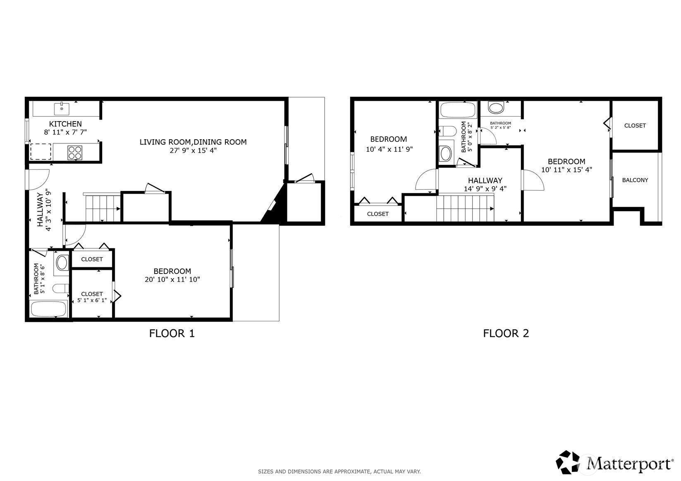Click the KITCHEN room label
coord(65,124)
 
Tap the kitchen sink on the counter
coord(62,109)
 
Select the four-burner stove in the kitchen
coord(75,152)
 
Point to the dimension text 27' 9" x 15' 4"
coord(193,150)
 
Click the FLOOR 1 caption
coord(172,333)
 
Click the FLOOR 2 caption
coord(506,333)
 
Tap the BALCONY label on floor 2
coord(635,180)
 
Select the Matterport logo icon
coord(568,462)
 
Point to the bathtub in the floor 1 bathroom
coord(49,309)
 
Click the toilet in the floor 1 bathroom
coord(61,288)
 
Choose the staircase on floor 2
coord(465,208)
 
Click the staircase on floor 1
coord(103,208)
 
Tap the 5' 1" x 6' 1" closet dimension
coord(92,300)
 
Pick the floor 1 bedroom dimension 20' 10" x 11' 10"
coord(172,279)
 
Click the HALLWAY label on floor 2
coord(485,181)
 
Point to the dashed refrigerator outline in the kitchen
coord(41,152)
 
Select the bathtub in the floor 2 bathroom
coord(458,110)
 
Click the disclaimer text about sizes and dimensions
coord(339,471)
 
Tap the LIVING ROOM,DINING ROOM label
coord(193,142)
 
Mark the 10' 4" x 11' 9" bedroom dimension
coord(389,149)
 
